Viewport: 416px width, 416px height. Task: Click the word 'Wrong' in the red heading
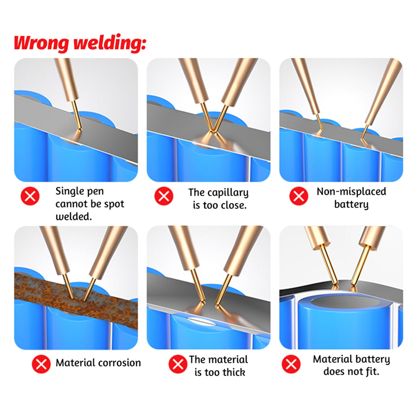pos(41,44)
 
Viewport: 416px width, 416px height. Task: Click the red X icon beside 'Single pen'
pos(30,196)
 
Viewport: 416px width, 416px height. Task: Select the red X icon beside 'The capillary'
pos(164,196)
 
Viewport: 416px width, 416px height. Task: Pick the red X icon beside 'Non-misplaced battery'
pos(298,196)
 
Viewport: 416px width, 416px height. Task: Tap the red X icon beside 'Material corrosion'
pos(41,364)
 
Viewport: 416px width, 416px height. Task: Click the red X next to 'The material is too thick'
pos(178,364)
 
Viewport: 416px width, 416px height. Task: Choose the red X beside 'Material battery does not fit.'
pos(291,364)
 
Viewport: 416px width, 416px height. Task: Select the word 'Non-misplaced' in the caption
pos(351,191)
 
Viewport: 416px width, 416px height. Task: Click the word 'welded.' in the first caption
pos(73,217)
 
